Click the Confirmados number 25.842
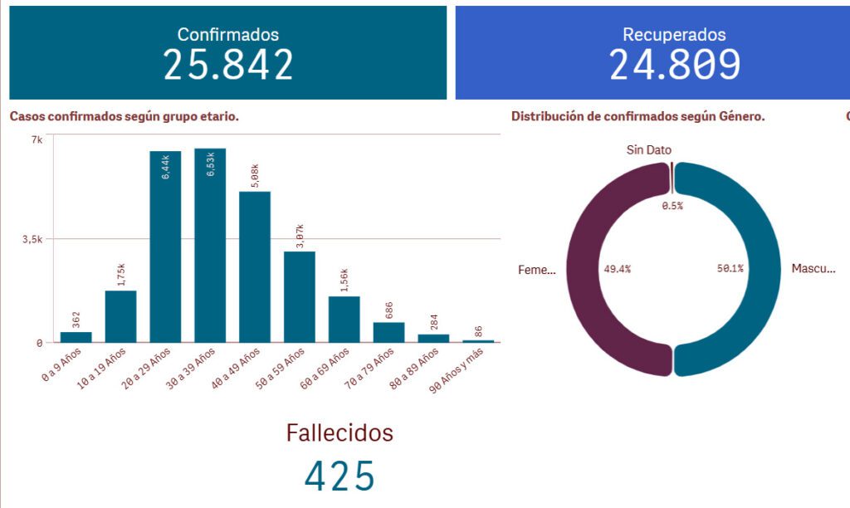coord(228,65)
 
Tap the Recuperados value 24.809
coord(674,65)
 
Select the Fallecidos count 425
coord(340,476)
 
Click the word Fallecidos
coord(340,432)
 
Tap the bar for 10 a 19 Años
coord(120,316)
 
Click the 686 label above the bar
coord(389,310)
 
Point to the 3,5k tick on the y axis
coord(32,239)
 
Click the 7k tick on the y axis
coord(37,139)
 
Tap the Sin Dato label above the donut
coord(649,150)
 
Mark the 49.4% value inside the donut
coord(617,269)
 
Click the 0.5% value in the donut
coord(672,206)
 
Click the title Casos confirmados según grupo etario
coord(125,116)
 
